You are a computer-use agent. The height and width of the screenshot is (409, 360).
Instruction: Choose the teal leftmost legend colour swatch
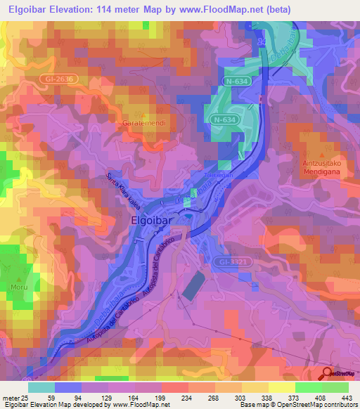click(x=41, y=387)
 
